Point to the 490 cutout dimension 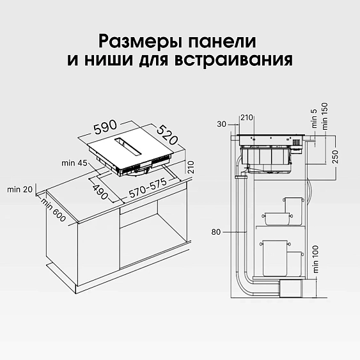tap(100, 190)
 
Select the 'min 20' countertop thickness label tap(18, 189)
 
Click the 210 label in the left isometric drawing tap(189, 168)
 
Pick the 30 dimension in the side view tap(222, 123)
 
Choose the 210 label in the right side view tap(247, 117)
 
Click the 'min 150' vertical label tap(324, 118)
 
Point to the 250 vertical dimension tap(334, 157)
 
